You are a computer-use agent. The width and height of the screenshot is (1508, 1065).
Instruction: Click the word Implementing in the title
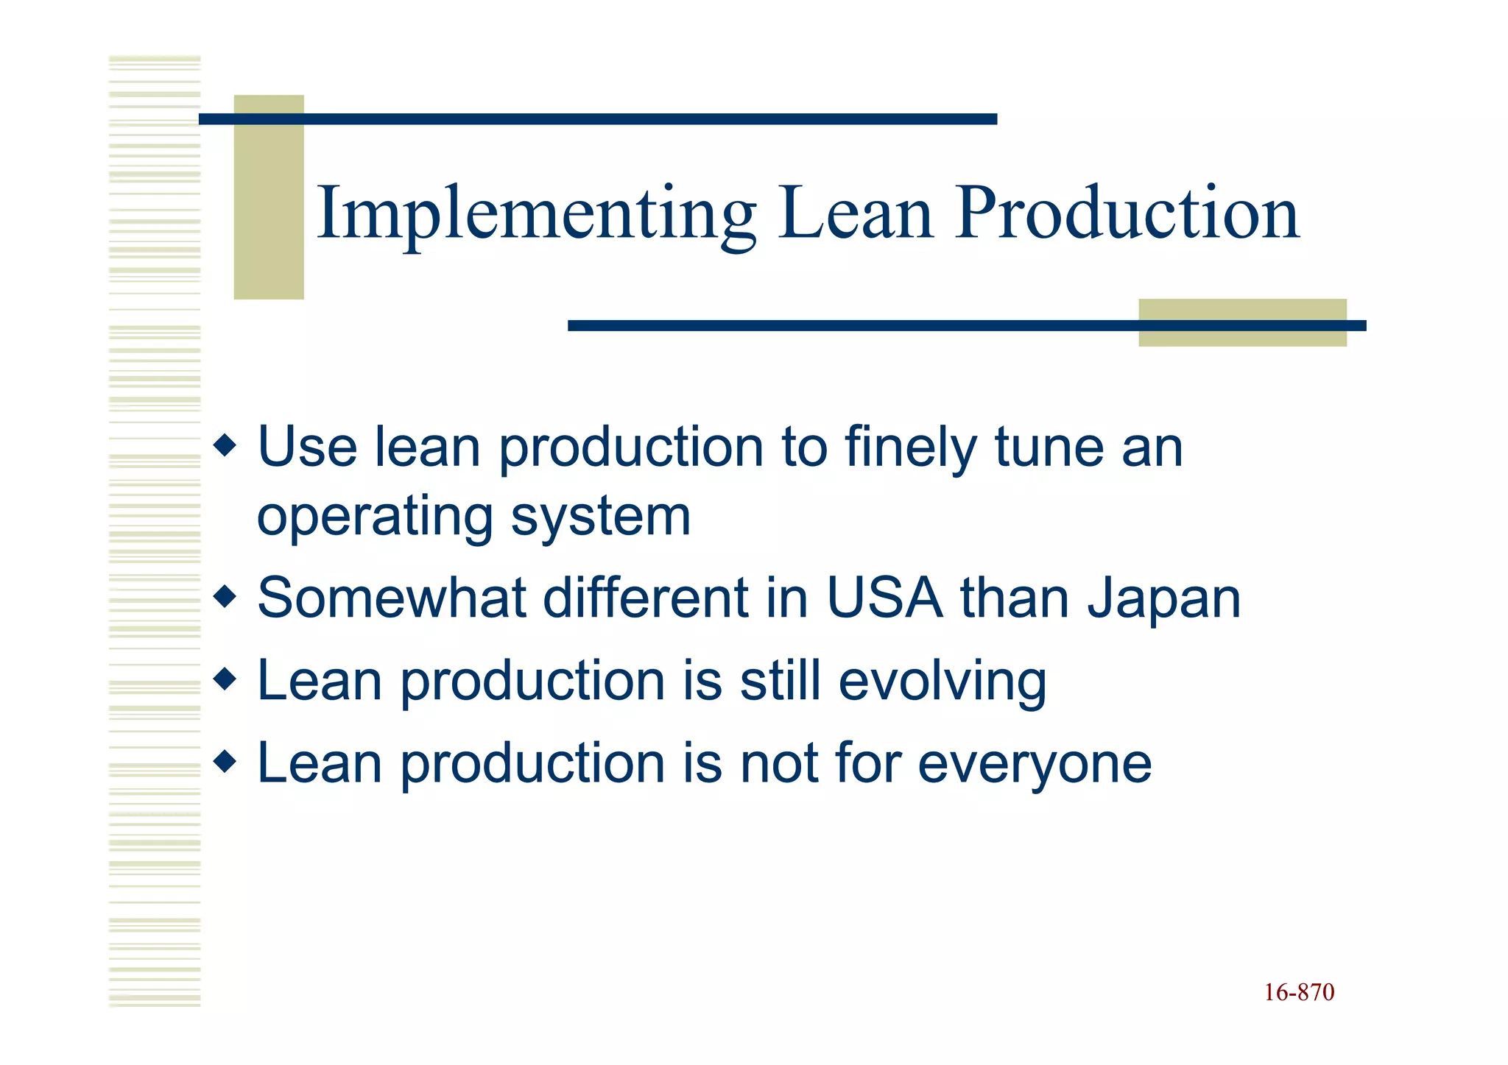click(536, 215)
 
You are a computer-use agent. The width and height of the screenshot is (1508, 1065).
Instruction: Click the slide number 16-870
click(1299, 993)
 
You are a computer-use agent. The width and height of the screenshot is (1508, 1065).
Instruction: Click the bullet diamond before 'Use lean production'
click(225, 445)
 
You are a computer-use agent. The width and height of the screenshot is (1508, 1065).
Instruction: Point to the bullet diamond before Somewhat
click(225, 595)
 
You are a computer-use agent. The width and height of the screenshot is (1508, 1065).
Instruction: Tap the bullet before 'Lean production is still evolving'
click(225, 678)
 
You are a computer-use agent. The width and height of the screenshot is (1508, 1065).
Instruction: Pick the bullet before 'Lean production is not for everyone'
click(225, 760)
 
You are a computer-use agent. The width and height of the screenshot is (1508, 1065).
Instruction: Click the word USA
click(884, 598)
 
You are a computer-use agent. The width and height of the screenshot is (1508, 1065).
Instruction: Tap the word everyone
click(1035, 764)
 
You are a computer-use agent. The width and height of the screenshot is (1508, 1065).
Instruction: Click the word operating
click(375, 517)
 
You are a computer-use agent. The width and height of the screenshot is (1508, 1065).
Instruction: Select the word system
click(601, 517)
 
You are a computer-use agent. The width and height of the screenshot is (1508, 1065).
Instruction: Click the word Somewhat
click(392, 598)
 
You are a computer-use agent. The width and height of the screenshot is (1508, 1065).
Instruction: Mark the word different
click(646, 598)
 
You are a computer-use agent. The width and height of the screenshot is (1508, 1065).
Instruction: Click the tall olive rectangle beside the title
click(269, 197)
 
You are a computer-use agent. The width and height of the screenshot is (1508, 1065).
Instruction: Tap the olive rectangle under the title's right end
click(1242, 322)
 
